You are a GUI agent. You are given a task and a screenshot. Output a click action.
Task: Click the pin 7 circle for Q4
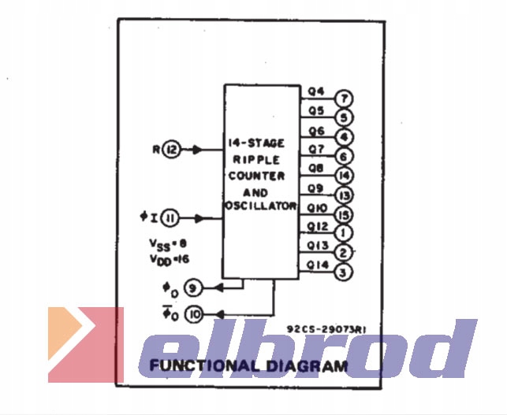344,98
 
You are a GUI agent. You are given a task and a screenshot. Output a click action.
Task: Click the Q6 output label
316,130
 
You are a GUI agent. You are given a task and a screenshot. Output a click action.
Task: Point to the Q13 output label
317,246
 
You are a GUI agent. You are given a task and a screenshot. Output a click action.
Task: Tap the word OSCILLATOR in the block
260,206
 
